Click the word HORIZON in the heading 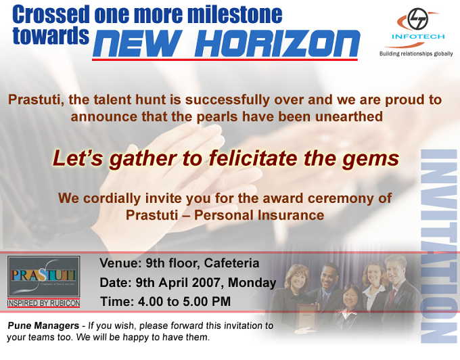click(x=277, y=43)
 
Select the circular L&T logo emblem click(x=418, y=19)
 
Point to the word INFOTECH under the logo click(x=418, y=37)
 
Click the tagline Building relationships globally click(x=416, y=53)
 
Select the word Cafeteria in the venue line click(x=231, y=263)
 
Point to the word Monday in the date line click(x=252, y=283)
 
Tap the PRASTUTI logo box click(x=44, y=276)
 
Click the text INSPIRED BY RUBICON click(x=44, y=303)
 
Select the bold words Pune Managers click(x=43, y=325)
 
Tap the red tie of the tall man click(x=392, y=297)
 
